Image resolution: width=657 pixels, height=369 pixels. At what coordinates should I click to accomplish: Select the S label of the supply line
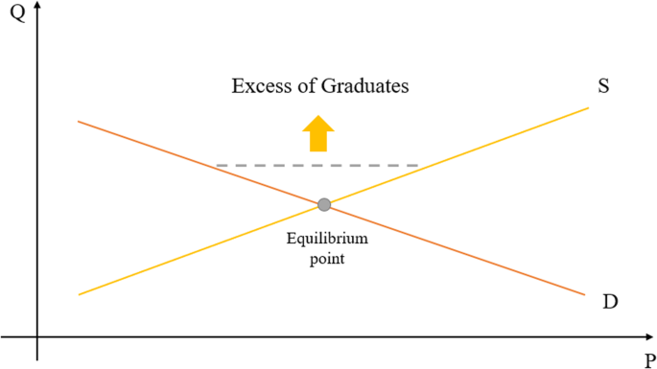point(604,85)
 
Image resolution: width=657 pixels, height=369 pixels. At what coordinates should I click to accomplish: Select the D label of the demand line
point(610,302)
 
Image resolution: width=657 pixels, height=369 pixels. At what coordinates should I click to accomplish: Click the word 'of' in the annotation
point(306,86)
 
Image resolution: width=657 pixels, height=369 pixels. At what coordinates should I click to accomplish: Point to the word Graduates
point(365,87)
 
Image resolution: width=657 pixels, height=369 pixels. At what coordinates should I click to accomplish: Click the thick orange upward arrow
point(317,133)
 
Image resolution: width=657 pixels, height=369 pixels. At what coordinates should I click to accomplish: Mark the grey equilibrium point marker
point(324,204)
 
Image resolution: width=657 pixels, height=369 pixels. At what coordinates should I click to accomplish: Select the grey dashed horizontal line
point(317,166)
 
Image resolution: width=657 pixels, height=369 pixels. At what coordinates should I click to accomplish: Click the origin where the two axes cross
point(37,337)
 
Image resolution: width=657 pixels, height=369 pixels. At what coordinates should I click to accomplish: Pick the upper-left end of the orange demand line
point(79,122)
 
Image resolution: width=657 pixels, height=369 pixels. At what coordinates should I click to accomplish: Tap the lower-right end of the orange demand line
point(584,293)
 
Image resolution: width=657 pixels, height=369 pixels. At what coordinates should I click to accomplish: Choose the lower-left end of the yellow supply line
point(79,294)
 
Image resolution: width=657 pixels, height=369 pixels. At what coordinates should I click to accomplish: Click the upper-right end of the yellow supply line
point(587,107)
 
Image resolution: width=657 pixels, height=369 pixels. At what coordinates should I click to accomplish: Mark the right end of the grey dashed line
point(418,166)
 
